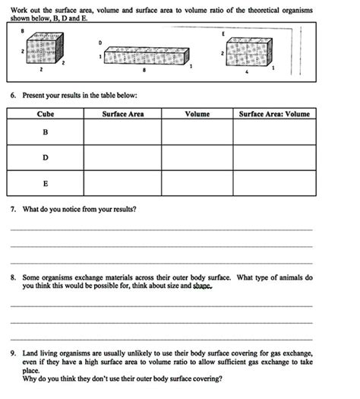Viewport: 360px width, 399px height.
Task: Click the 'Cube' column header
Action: [46, 114]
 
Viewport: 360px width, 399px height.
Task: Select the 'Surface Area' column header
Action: [122, 114]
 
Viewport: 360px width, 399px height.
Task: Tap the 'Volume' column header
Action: [197, 114]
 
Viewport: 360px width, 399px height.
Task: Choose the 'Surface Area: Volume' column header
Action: [274, 114]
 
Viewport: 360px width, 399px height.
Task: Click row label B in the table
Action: [45, 132]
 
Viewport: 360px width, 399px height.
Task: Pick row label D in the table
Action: [45, 157]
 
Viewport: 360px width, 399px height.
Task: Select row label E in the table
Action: [45, 183]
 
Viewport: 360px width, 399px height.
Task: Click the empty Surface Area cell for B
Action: [122, 132]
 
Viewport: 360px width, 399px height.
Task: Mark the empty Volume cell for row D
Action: [197, 157]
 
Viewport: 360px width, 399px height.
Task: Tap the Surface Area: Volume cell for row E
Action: [274, 183]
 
